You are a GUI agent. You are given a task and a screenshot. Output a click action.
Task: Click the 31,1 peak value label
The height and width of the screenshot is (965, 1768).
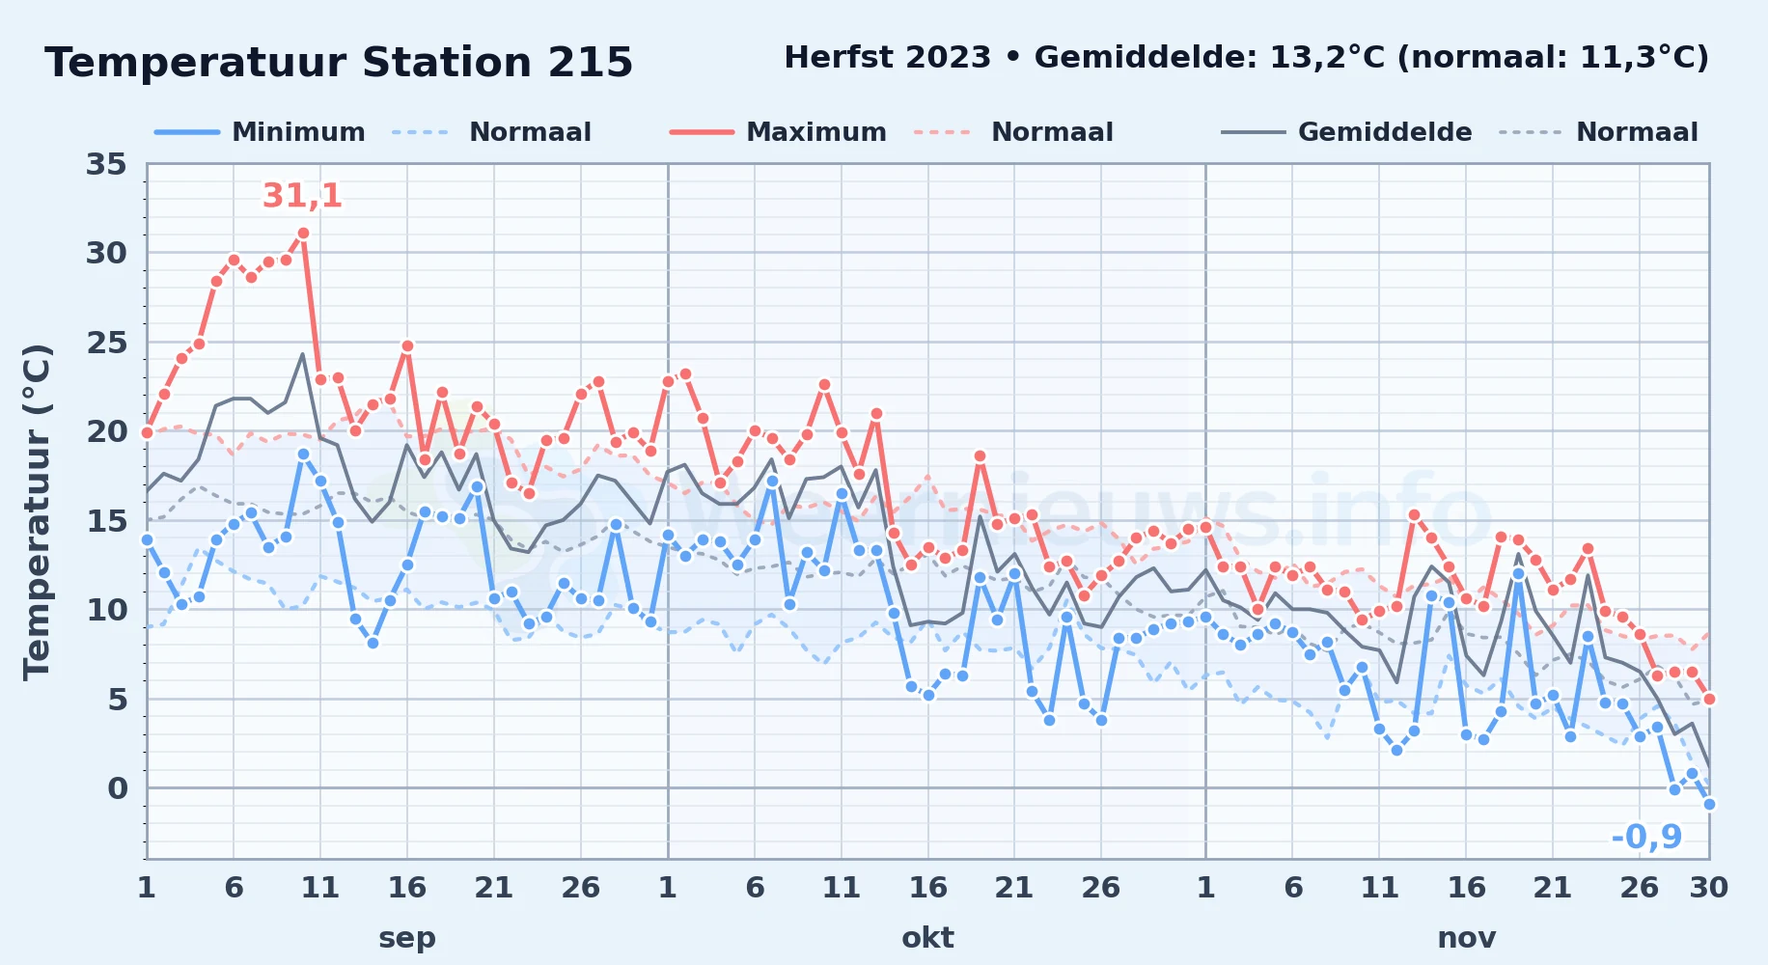click(302, 196)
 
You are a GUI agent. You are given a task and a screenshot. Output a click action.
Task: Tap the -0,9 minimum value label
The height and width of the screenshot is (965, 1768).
click(1646, 837)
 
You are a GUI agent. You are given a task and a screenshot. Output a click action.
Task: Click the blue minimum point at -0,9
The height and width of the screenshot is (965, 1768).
click(1709, 804)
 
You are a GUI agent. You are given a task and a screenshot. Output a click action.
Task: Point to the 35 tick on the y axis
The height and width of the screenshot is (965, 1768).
click(106, 164)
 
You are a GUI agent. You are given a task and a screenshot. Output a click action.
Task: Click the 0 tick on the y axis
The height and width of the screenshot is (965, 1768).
click(117, 788)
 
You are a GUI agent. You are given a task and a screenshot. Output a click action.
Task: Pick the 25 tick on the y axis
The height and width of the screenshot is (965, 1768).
click(106, 343)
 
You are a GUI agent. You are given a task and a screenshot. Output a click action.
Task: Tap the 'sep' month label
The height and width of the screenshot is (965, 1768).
click(407, 938)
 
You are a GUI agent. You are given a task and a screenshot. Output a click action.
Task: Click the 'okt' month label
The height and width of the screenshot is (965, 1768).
click(927, 938)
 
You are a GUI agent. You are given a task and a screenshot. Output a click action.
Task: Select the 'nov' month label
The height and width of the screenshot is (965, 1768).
click(1467, 938)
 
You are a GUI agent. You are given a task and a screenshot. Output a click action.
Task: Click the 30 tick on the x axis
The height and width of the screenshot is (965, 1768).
click(1708, 887)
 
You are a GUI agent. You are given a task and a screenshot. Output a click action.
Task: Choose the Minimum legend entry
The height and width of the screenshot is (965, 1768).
click(261, 132)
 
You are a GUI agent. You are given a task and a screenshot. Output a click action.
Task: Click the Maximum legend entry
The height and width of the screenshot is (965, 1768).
click(778, 132)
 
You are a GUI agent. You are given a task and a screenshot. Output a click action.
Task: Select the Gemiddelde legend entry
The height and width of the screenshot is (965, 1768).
click(1346, 132)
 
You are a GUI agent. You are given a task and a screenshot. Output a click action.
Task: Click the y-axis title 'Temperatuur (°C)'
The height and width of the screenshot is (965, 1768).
click(38, 512)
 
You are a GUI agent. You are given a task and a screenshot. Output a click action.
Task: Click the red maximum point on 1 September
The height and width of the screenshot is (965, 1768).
click(147, 432)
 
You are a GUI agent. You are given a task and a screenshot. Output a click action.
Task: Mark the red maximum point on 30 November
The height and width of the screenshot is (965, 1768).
click(1709, 699)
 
